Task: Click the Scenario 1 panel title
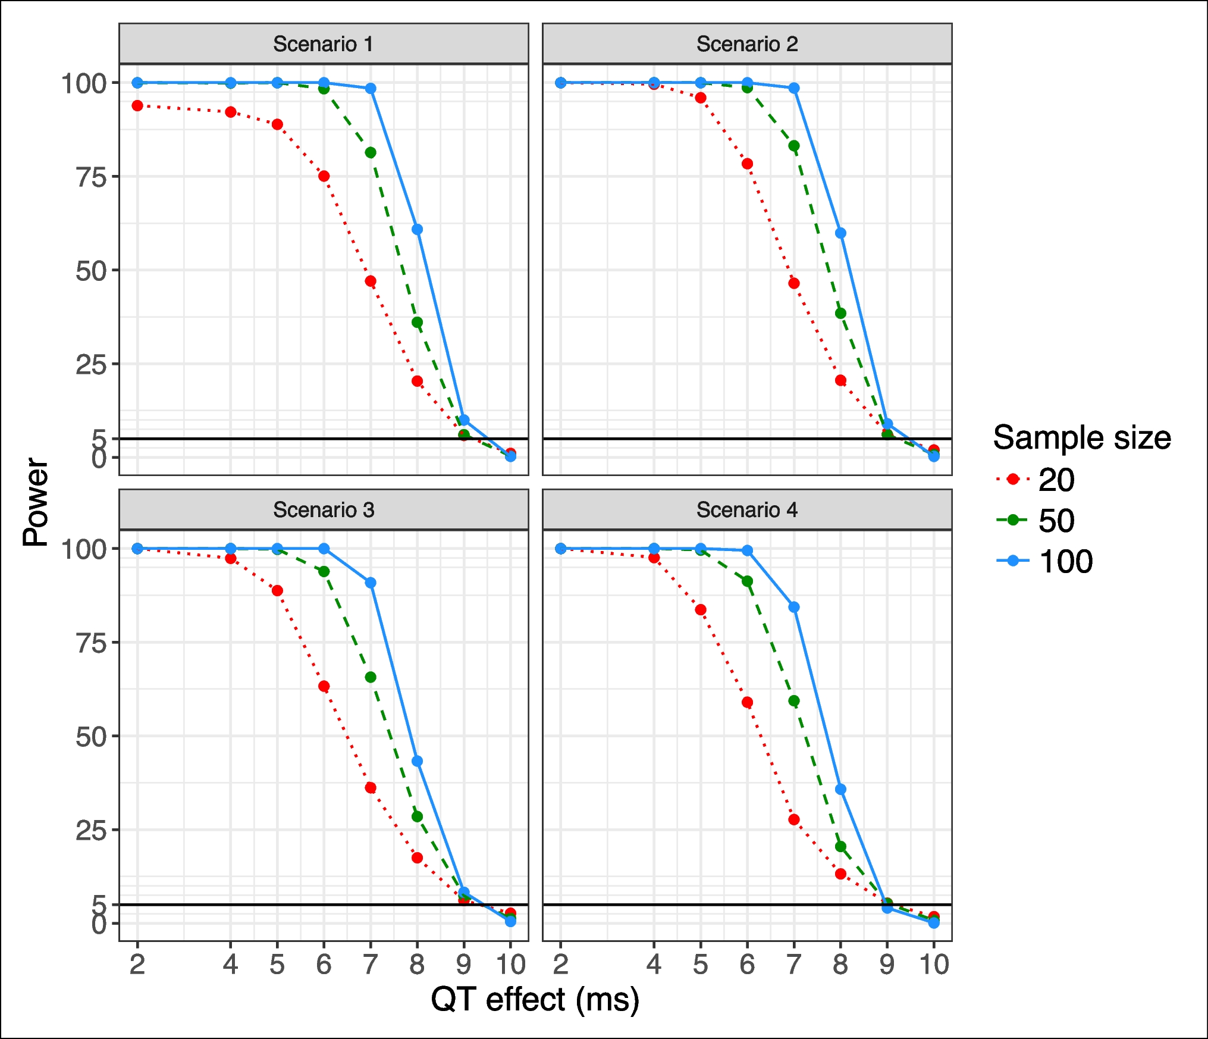pos(323,44)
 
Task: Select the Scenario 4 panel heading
pos(747,510)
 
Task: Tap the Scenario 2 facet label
pos(747,44)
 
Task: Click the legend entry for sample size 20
pos(1056,480)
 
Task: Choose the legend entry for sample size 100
pos(1065,561)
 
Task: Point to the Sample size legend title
pos(1081,438)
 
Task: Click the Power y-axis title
pos(36,502)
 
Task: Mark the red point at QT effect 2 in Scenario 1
pos(137,106)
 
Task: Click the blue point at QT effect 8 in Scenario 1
pos(417,230)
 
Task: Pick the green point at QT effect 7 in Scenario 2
pos(793,146)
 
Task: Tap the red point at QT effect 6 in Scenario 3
pos(324,687)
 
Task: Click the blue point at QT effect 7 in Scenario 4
pos(793,607)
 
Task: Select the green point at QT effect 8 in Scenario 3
pos(417,816)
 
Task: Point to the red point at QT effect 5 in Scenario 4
pos(701,610)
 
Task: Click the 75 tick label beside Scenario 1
pos(91,177)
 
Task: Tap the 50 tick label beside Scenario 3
pos(91,737)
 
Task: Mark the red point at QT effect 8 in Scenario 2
pos(840,380)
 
